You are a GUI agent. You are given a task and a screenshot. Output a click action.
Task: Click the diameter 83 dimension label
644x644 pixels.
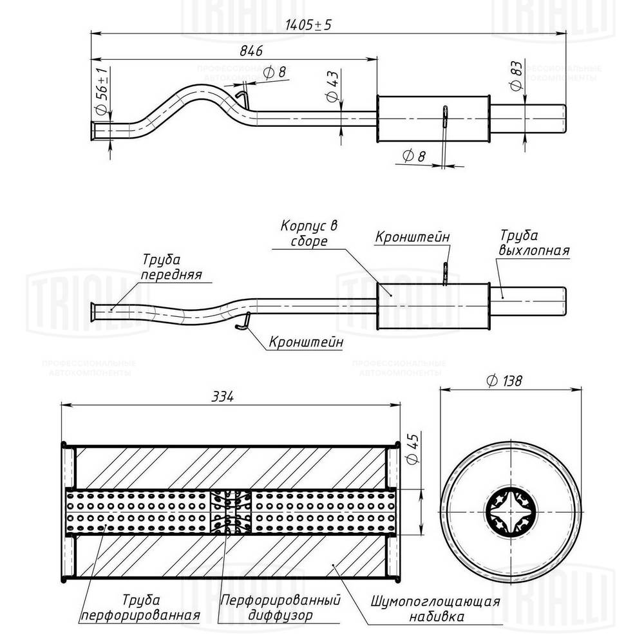pyautogui.click(x=515, y=77)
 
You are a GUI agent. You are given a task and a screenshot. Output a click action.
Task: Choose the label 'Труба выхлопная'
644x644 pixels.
pyautogui.click(x=533, y=243)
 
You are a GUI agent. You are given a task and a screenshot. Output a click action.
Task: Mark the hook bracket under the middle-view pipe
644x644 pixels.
pyautogui.click(x=243, y=320)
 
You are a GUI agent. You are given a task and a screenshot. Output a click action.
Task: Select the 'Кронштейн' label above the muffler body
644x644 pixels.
pyautogui.click(x=412, y=237)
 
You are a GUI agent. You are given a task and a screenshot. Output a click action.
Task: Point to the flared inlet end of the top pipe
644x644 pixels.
pyautogui.click(x=95, y=130)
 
